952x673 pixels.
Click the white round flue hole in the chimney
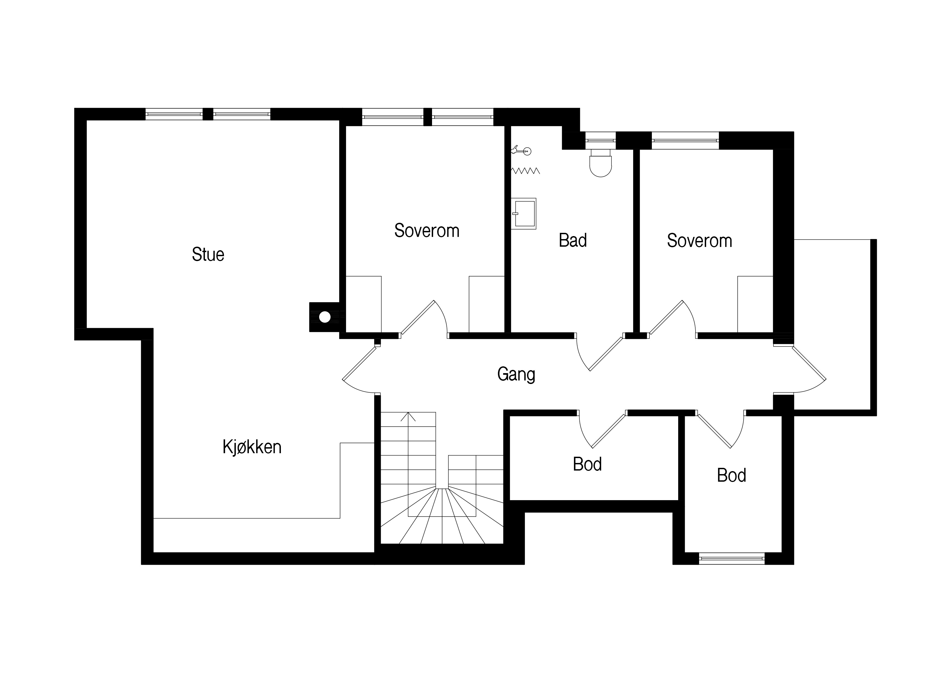coord(325,317)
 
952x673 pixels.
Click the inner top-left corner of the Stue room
coord(87,120)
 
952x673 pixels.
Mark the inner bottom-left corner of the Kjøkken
coord(154,552)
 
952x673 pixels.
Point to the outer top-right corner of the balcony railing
coord(877,239)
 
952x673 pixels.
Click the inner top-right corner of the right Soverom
coord(773,149)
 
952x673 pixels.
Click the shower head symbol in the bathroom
coord(522,151)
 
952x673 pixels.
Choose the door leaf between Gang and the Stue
coord(360,363)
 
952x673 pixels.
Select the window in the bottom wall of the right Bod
coord(732,558)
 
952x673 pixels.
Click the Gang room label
coord(516,375)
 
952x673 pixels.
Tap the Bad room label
coord(573,240)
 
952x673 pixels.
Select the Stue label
coord(208,254)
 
